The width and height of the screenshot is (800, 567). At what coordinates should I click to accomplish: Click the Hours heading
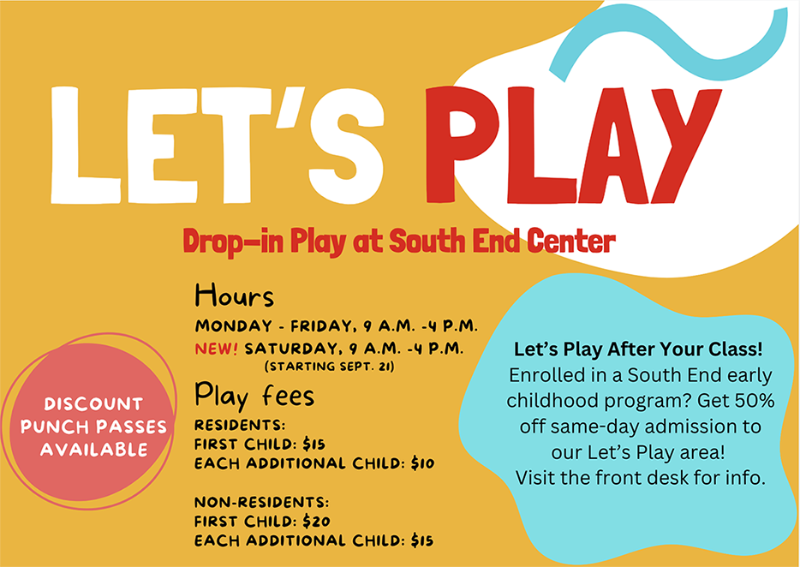click(234, 296)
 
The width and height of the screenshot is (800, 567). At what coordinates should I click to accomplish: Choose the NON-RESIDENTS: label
click(261, 502)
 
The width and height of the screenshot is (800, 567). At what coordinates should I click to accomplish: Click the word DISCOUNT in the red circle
click(93, 403)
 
